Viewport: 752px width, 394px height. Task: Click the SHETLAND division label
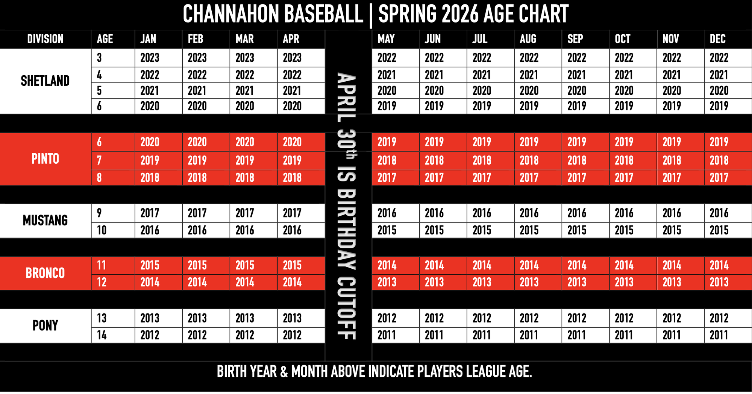click(45, 81)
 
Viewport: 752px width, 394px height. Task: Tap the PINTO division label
click(45, 159)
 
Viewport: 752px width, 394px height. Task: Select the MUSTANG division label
click(45, 221)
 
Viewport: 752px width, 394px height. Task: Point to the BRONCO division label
click(45, 273)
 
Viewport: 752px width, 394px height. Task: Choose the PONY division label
click(45, 326)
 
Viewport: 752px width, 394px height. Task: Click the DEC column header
click(717, 39)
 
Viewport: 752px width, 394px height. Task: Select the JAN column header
click(148, 39)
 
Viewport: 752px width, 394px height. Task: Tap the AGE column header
click(105, 39)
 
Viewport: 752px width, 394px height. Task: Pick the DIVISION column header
click(45, 39)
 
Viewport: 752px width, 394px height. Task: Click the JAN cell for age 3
click(150, 58)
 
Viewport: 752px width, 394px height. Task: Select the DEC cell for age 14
click(719, 335)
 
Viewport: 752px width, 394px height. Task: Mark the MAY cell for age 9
click(387, 213)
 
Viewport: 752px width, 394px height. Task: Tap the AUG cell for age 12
click(529, 282)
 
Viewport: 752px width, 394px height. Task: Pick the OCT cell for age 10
click(624, 230)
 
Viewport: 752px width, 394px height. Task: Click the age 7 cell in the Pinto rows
click(99, 161)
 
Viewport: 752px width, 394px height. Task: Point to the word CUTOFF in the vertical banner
click(347, 308)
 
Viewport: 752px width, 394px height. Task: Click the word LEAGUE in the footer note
click(487, 372)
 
